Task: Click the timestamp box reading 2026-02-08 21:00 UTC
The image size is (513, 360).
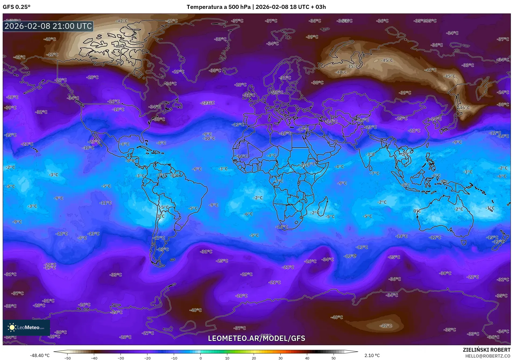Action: [x=48, y=26]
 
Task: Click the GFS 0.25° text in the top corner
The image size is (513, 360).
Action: [x=16, y=7]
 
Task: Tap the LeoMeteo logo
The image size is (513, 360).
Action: [x=26, y=327]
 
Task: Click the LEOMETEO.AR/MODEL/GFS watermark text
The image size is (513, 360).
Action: [x=256, y=338]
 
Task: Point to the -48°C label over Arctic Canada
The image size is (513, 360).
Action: [x=120, y=46]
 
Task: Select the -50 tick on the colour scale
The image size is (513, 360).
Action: [x=68, y=358]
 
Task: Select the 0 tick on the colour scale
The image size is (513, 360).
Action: [x=200, y=358]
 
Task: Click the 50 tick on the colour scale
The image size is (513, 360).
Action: [x=333, y=358]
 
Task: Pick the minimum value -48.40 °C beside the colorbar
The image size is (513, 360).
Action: [x=40, y=355]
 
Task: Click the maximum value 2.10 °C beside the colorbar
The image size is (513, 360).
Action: [x=372, y=355]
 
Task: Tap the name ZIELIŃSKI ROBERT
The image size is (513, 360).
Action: [x=486, y=350]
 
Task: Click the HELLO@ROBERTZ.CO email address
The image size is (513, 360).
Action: [x=487, y=356]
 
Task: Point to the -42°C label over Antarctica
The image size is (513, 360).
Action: [x=385, y=326]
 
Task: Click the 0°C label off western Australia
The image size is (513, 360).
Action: [x=417, y=211]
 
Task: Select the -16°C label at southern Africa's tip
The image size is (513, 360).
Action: [x=281, y=227]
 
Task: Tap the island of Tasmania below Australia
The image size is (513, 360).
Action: [x=463, y=242]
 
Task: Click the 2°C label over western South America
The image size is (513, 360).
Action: [x=161, y=216]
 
